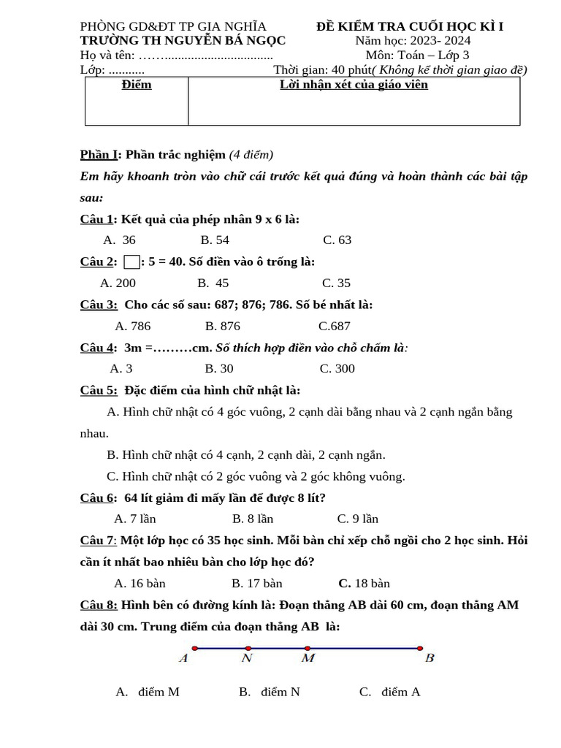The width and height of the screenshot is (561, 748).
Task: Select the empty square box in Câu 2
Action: pos(131,262)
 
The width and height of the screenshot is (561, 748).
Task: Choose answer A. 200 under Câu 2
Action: pos(118,283)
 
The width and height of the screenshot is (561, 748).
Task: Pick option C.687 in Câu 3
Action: pos(334,326)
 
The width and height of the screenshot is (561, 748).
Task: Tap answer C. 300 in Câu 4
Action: pos(337,369)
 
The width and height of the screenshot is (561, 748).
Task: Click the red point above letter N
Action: pos(248,648)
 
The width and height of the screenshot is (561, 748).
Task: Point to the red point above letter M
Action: pos(308,648)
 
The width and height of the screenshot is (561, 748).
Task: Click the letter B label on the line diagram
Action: pos(430,659)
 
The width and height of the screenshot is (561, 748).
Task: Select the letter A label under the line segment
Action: pos(183,659)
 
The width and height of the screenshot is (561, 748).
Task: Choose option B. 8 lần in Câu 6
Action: pos(253,519)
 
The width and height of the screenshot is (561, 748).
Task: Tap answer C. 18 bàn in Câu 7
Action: pos(364,584)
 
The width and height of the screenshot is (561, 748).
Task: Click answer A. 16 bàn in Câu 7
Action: pos(140,584)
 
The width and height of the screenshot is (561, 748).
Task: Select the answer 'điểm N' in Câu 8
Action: pos(269,692)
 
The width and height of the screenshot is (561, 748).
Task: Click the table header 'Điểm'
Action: pos(137,85)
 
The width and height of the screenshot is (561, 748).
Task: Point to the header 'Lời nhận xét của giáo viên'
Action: pos(354,85)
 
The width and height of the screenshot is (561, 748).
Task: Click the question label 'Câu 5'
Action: pos(98,391)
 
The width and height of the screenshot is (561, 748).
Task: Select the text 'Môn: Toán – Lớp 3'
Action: pos(417,56)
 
